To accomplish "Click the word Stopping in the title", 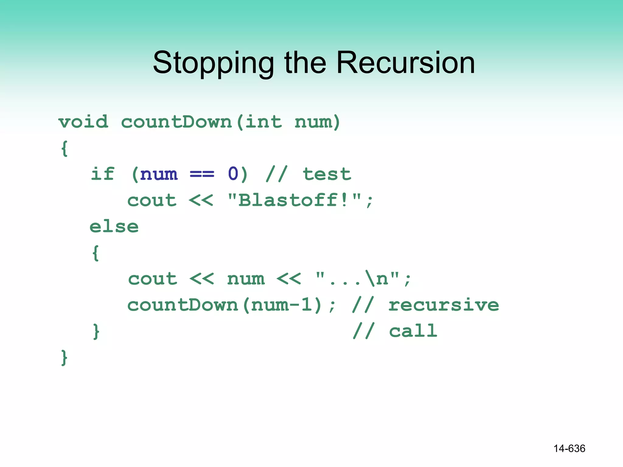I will click(x=213, y=63).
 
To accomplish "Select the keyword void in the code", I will click(x=83, y=122).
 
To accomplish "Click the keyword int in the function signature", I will click(x=263, y=122).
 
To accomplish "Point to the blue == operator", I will click(x=202, y=174).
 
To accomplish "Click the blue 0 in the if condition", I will click(x=233, y=174).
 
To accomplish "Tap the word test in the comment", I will click(x=327, y=174).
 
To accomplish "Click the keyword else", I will click(x=114, y=227).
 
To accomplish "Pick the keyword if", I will click(x=103, y=174).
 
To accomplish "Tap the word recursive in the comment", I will click(x=444, y=305).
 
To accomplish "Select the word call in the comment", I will click(x=413, y=331).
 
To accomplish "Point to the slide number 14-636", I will click(x=569, y=448).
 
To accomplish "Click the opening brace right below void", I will click(x=64, y=148).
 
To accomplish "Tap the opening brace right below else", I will click(x=96, y=253).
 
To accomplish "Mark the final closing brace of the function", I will click(x=64, y=357).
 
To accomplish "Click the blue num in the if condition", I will click(x=159, y=174).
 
